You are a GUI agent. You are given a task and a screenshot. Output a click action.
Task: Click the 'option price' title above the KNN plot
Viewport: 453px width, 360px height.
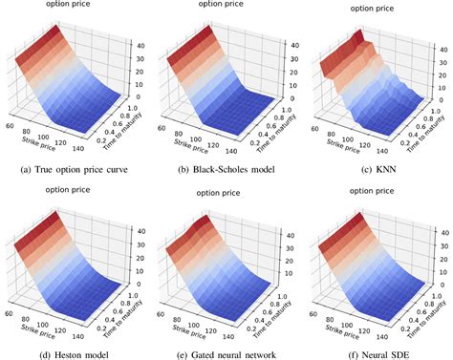pos(373,9)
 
